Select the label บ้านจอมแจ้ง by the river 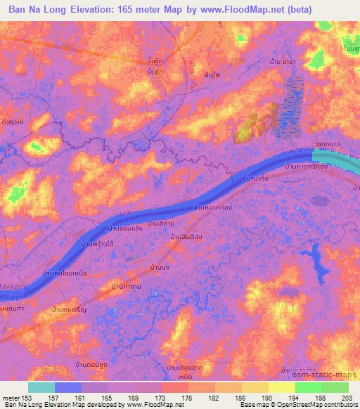click(x=127, y=228)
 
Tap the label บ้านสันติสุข click(x=186, y=240)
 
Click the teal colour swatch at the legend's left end click(x=41, y=387)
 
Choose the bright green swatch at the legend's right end click(x=335, y=387)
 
